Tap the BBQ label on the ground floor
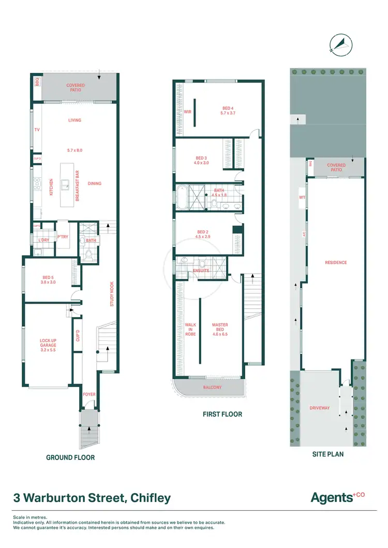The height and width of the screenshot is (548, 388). coord(37,82)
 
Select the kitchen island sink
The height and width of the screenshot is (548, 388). coord(66,183)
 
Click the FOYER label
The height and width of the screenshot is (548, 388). coord(89,394)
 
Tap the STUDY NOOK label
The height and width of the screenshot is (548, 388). coord(112,294)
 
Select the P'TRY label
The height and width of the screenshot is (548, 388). coord(63,237)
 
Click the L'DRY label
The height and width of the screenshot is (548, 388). coord(43,240)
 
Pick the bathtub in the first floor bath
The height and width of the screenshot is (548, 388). coord(183,197)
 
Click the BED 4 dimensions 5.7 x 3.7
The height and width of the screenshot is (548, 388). coord(228,113)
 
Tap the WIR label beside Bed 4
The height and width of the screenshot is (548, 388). coord(187,111)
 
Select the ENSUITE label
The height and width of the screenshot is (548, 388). coord(201,270)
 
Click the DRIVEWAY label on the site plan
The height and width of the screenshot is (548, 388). coord(319,408)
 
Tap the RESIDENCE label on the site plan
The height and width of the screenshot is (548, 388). coord(336,262)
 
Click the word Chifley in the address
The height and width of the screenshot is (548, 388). coord(150,498)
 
